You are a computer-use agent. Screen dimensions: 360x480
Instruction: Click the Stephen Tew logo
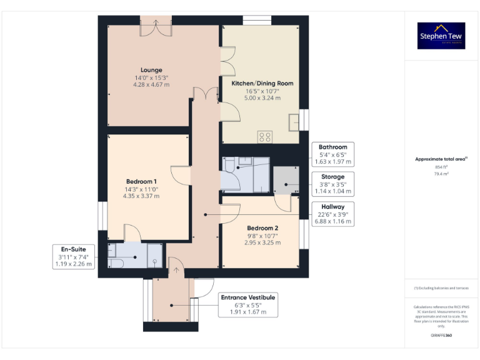[x=441, y=36]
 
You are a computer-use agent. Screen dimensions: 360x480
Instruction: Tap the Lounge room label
[x=151, y=70]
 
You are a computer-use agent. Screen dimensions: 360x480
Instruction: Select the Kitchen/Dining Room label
[x=262, y=83]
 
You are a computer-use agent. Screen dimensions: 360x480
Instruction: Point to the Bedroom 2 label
[x=262, y=228]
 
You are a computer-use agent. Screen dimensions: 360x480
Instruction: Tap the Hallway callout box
[x=332, y=214]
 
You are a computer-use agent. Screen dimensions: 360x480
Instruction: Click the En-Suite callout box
[x=74, y=256]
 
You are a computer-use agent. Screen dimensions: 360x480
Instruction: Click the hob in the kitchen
[x=265, y=136]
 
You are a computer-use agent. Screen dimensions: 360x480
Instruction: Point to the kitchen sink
[x=294, y=123]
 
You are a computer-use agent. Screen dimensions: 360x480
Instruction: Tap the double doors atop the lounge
[x=156, y=26]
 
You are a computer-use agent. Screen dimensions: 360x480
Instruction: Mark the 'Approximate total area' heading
[x=441, y=159]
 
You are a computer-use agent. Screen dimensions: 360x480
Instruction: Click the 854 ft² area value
[x=441, y=167]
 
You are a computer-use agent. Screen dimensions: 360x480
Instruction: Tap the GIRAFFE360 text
[x=441, y=336]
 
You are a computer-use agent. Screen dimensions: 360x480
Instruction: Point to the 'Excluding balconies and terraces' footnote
[x=441, y=287]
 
